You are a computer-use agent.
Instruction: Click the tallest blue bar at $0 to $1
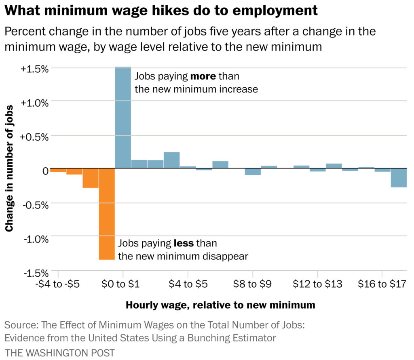(123, 117)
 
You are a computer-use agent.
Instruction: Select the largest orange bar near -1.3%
(107, 214)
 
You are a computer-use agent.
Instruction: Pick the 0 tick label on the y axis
(45, 171)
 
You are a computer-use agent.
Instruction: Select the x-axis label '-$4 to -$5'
(59, 284)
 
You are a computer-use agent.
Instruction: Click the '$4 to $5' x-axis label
(188, 284)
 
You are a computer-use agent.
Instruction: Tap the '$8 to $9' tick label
(252, 284)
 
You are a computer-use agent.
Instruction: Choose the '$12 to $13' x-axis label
(317, 284)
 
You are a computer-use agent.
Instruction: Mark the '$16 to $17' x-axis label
(382, 284)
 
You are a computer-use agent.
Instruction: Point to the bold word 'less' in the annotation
(184, 243)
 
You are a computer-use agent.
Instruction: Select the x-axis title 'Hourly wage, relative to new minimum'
(220, 305)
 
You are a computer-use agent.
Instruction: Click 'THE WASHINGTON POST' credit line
(60, 352)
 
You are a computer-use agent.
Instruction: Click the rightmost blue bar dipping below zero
(398, 178)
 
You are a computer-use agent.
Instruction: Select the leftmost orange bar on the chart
(58, 170)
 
